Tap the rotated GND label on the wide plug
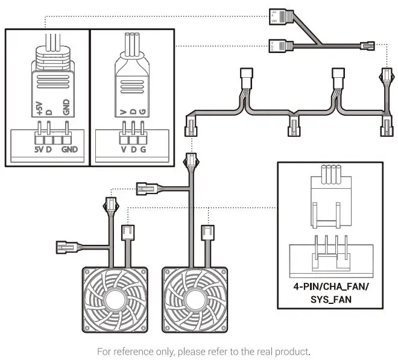coord(66,107)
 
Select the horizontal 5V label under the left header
coord(39,148)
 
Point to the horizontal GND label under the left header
coord(70,148)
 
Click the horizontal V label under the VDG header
coord(123,148)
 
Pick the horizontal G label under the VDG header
coord(142,148)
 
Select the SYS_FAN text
coord(330,298)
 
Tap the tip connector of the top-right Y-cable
coord(365,45)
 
